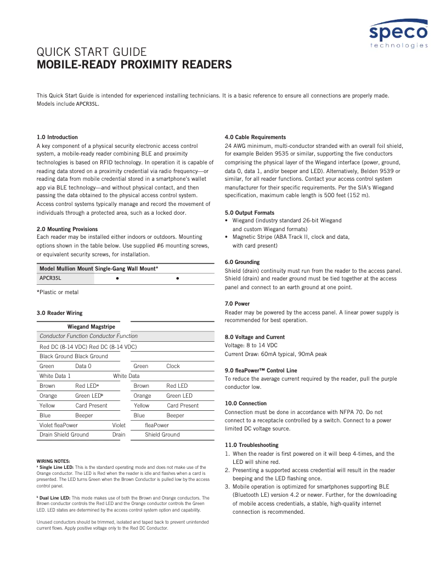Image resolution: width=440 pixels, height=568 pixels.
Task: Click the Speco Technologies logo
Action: pyautogui.click(x=398, y=34)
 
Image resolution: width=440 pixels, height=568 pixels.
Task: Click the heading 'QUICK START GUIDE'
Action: pyautogui.click(x=91, y=53)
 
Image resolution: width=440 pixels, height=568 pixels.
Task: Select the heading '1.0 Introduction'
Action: pyautogui.click(x=57, y=137)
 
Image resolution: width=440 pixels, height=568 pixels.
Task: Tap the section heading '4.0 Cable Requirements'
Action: pyautogui.click(x=255, y=137)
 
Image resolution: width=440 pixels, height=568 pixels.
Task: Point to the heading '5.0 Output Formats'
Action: pyautogui.click(x=250, y=213)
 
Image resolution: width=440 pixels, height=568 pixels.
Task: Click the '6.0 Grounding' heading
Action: pyautogui.click(x=242, y=262)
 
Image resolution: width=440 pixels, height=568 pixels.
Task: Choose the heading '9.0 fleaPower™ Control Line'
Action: pyautogui.click(x=261, y=370)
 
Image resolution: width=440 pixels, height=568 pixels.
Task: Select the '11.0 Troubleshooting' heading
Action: pyautogui.click(x=252, y=445)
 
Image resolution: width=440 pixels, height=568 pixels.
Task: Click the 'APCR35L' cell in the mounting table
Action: pyautogui.click(x=50, y=278)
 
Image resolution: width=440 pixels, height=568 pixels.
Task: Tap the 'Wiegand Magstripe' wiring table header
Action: pyautogui.click(x=91, y=326)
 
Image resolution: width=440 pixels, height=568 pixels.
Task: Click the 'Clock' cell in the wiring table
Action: pyautogui.click(x=173, y=366)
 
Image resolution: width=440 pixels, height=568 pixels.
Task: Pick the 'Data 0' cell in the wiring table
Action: pyautogui.click(x=83, y=366)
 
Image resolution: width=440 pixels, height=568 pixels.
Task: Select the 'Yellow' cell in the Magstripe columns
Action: pyautogui.click(x=142, y=405)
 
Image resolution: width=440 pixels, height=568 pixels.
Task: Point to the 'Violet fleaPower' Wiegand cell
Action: pyautogui.click(x=59, y=425)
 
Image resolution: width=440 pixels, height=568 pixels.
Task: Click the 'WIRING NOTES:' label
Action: pyautogui.click(x=54, y=461)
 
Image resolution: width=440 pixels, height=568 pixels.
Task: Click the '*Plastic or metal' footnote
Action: pyautogui.click(x=58, y=292)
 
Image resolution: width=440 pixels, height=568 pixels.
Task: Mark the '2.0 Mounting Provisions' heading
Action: pyautogui.click(x=67, y=229)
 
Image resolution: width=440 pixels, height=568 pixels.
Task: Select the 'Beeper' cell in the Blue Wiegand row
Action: pyautogui.click(x=84, y=415)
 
